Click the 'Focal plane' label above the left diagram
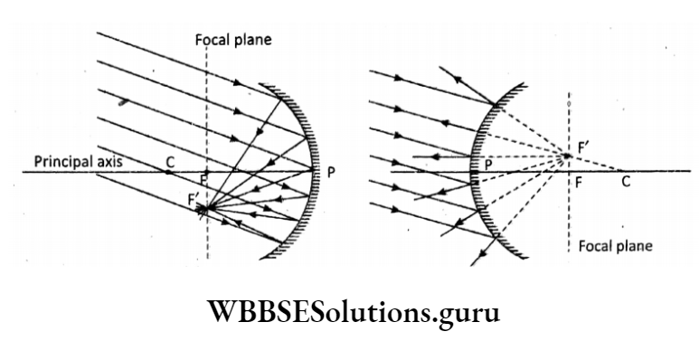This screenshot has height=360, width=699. click(x=232, y=40)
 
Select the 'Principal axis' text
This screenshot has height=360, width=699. click(x=78, y=161)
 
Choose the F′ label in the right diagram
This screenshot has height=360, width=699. click(x=579, y=143)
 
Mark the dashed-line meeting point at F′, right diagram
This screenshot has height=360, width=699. click(x=567, y=156)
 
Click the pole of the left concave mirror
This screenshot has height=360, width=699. click(x=314, y=170)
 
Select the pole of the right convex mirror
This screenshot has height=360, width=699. click(x=475, y=170)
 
